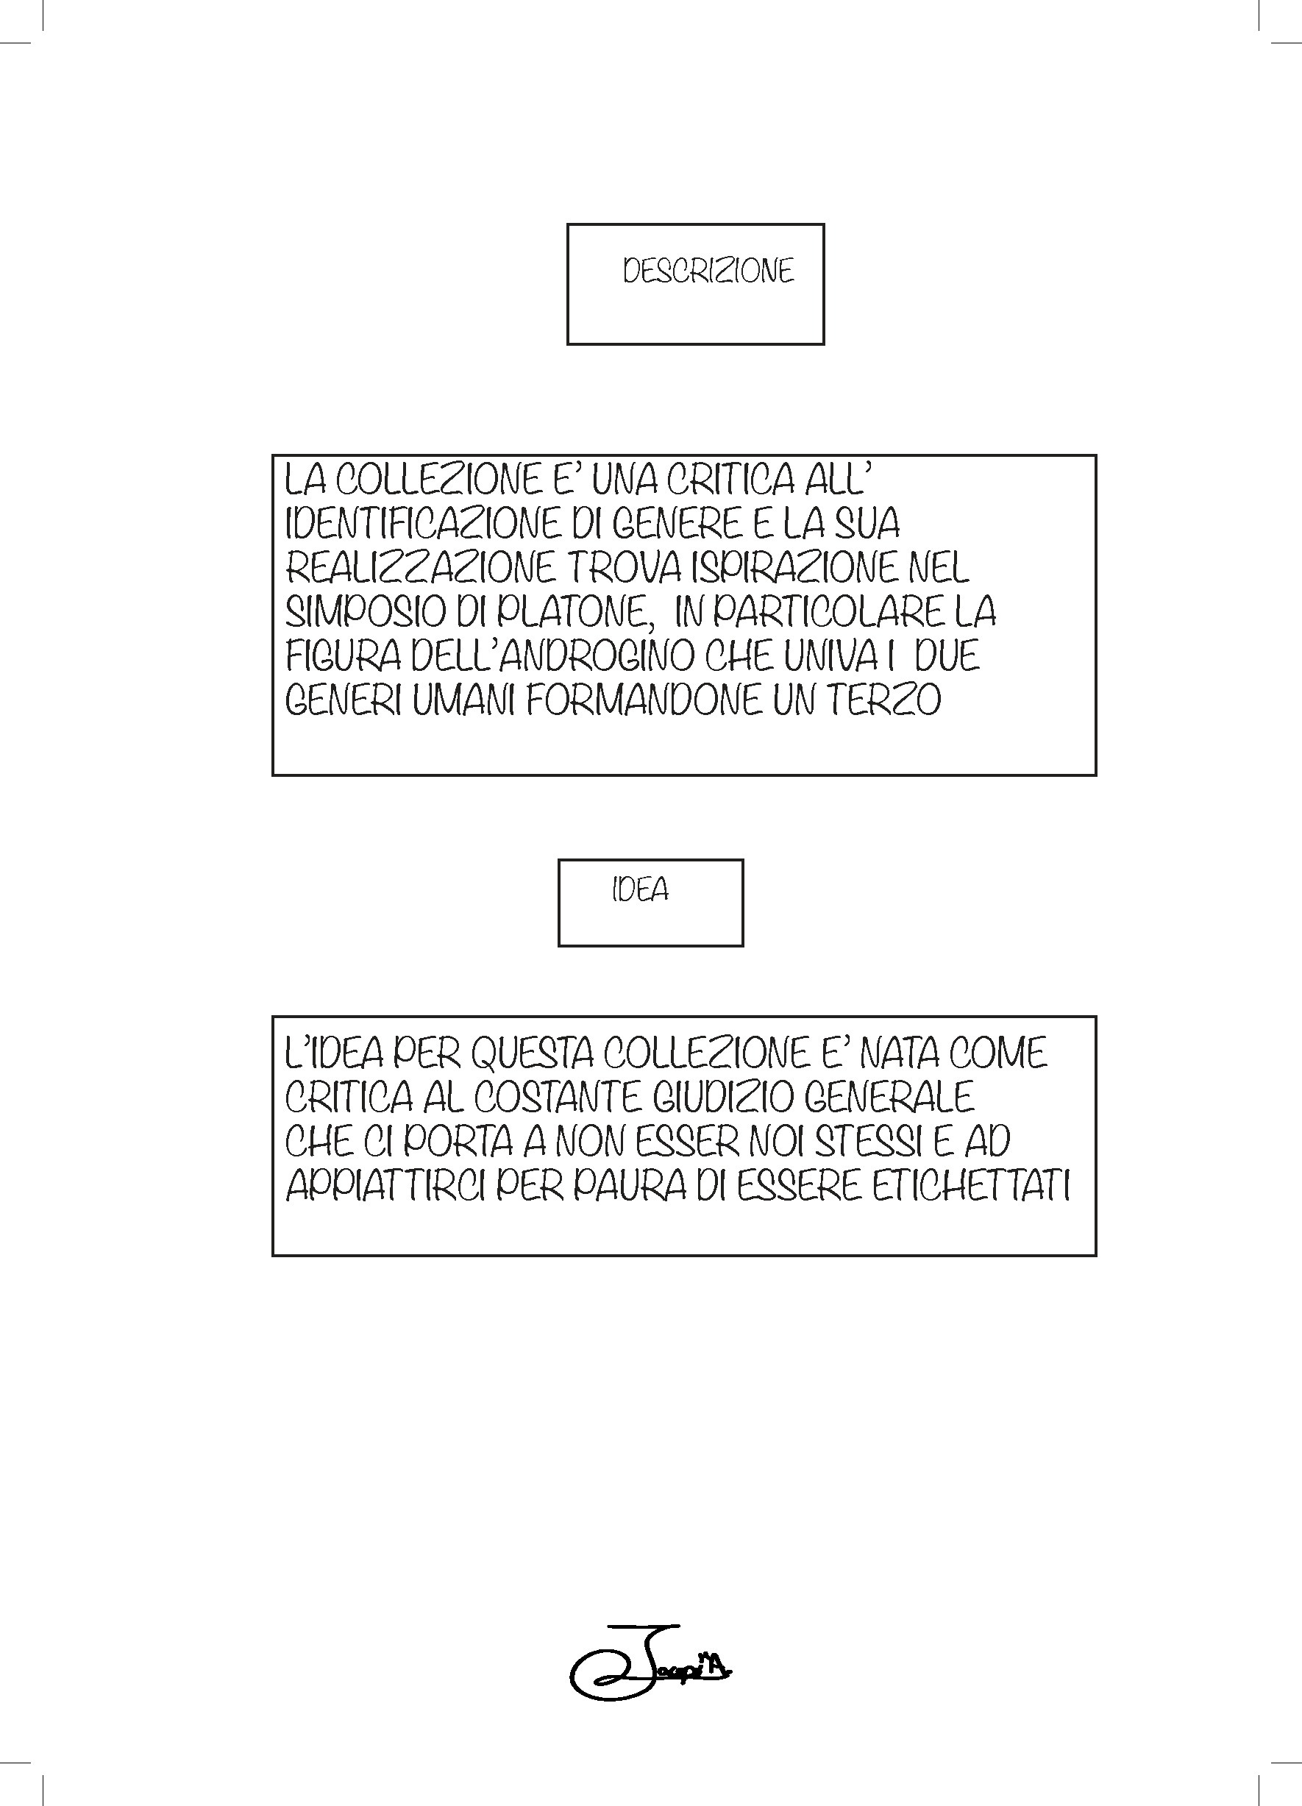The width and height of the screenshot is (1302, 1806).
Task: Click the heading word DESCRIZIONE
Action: tap(708, 271)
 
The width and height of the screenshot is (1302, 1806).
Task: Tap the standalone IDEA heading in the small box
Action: tap(640, 889)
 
